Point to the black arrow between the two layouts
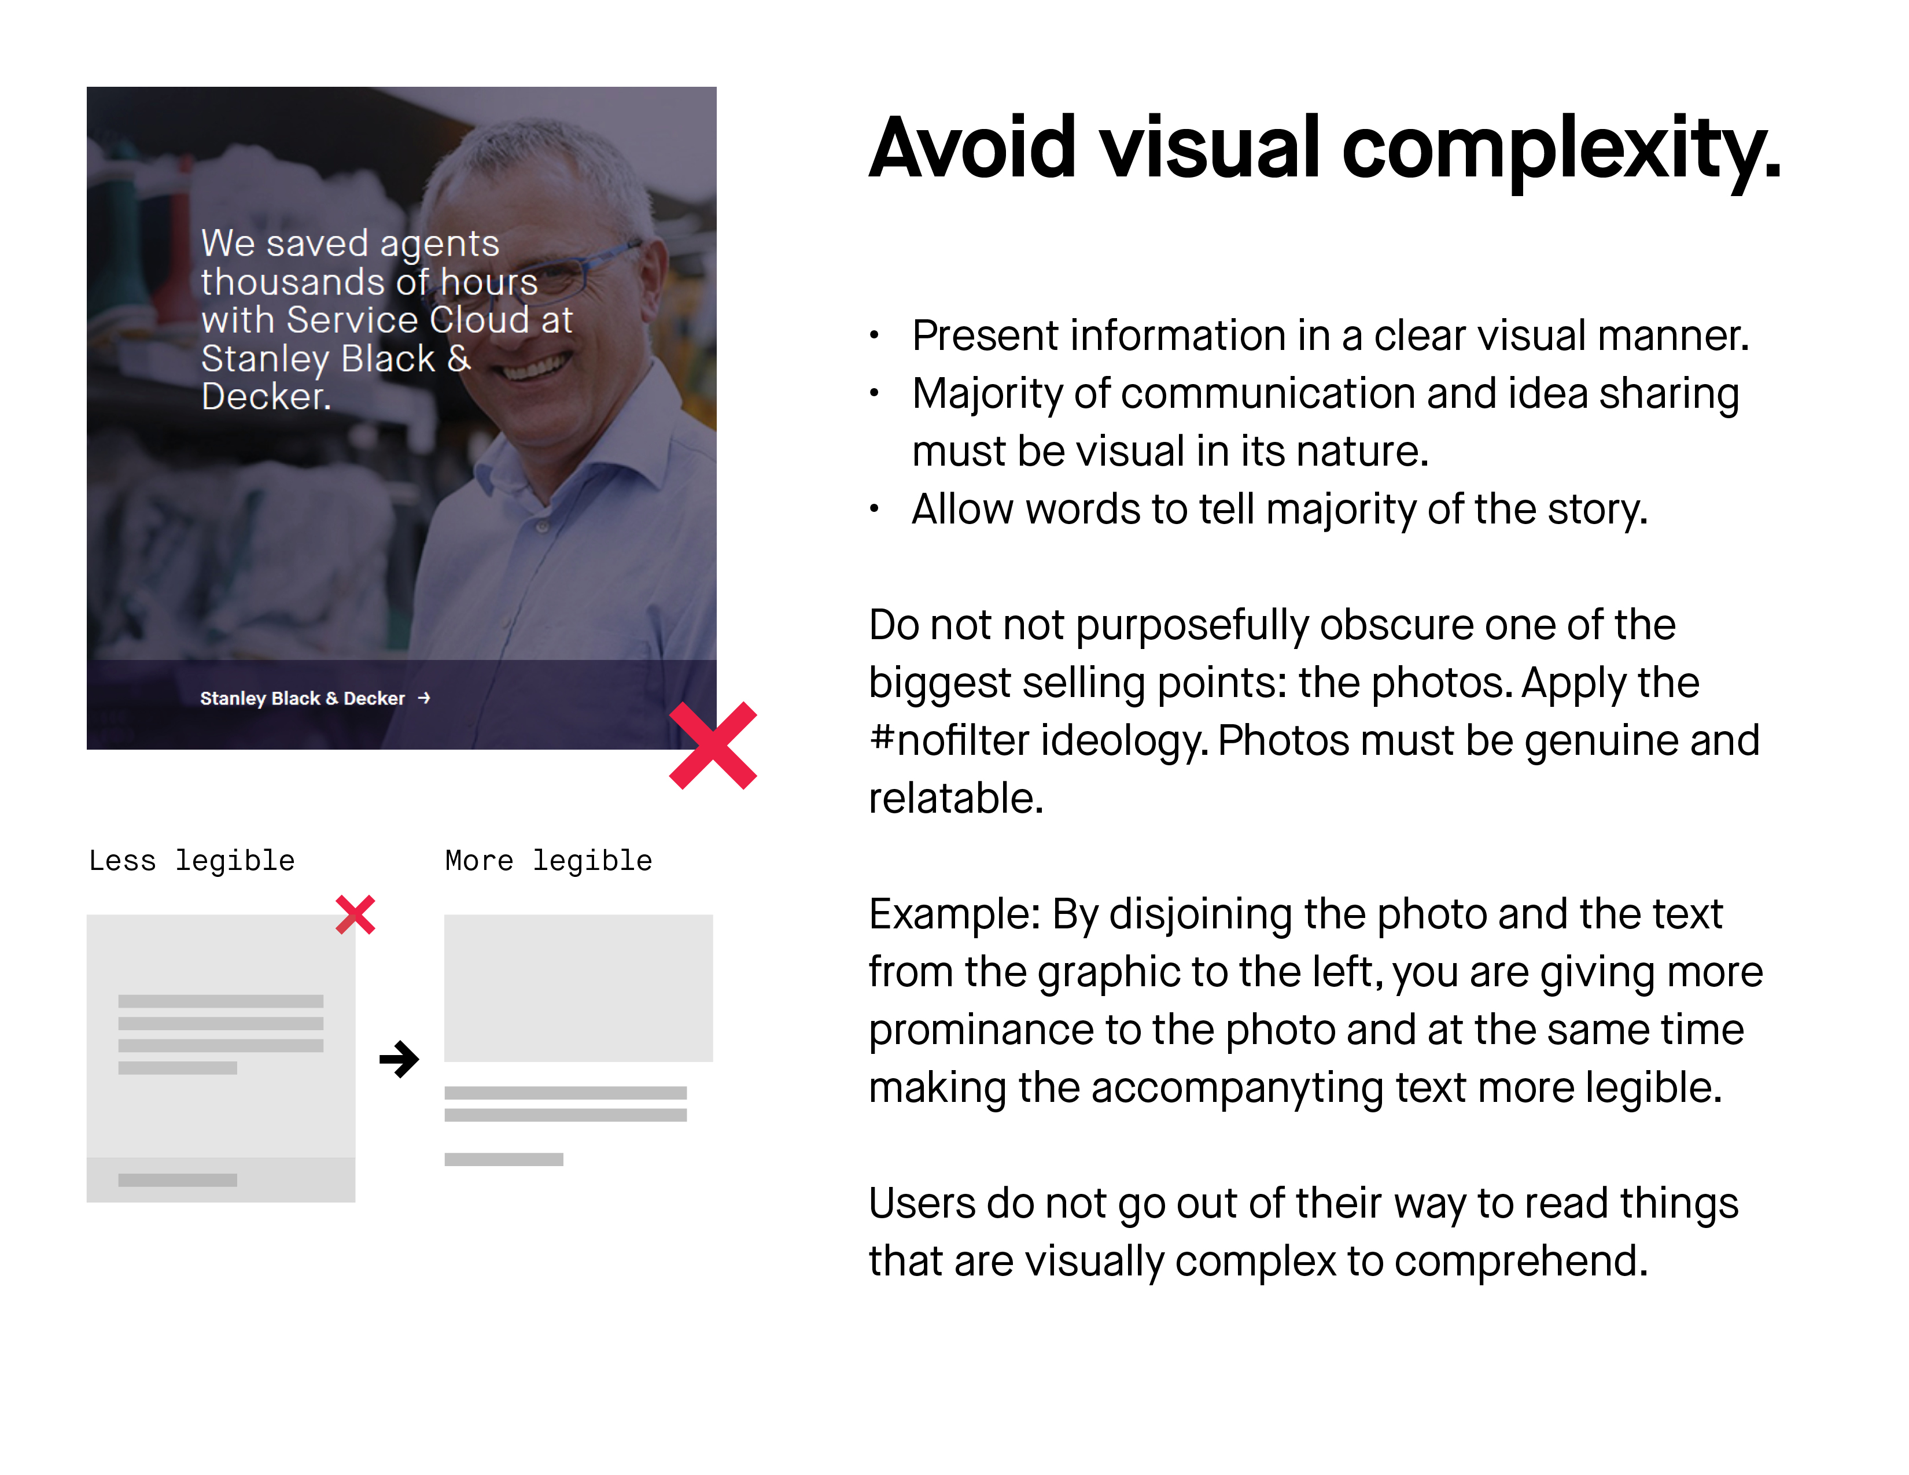400,1059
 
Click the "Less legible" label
192,861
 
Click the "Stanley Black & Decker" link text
303,698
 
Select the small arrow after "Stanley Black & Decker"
424,698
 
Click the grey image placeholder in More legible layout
578,989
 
